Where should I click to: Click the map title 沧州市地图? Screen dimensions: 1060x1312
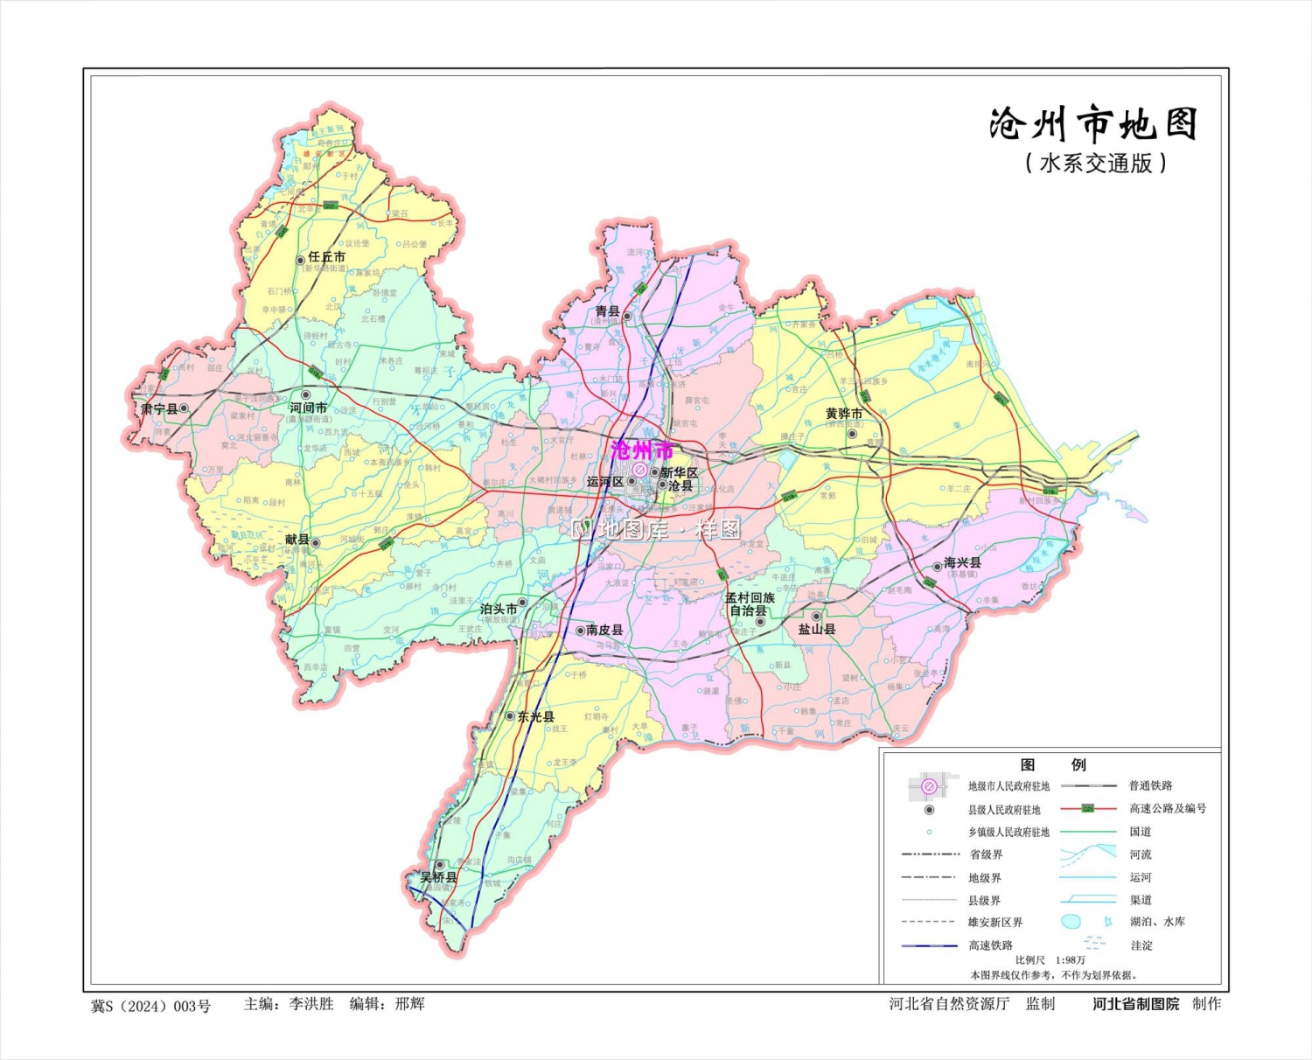pyautogui.click(x=1092, y=125)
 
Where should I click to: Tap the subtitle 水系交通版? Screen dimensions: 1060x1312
pyautogui.click(x=1096, y=163)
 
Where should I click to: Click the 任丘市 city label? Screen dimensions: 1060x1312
pyautogui.click(x=326, y=257)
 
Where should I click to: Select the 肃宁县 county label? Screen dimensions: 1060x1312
pyautogui.click(x=159, y=408)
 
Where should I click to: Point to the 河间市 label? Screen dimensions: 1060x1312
pyautogui.click(x=308, y=408)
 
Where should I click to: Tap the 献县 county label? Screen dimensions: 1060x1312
pyautogui.click(x=297, y=540)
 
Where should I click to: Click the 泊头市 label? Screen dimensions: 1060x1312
pyautogui.click(x=498, y=609)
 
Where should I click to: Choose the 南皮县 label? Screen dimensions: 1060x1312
pyautogui.click(x=604, y=630)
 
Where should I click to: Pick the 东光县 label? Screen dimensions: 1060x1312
pyautogui.click(x=535, y=716)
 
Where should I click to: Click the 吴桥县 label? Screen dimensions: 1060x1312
pyautogui.click(x=438, y=876)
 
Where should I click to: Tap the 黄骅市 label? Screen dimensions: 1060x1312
pyautogui.click(x=844, y=414)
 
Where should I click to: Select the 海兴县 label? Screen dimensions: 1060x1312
pyautogui.click(x=962, y=562)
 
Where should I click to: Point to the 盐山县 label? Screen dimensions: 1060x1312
pyautogui.click(x=816, y=629)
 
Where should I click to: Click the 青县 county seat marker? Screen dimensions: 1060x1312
pyautogui.click(x=627, y=316)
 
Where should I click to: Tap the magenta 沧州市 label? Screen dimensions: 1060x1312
pyautogui.click(x=643, y=450)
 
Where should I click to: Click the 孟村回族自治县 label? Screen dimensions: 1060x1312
pyautogui.click(x=750, y=604)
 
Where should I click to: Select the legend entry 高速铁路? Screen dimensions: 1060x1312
pyautogui.click(x=990, y=945)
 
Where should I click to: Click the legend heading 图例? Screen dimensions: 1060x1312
pyautogui.click(x=1053, y=764)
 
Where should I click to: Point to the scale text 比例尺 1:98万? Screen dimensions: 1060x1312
pyautogui.click(x=1050, y=960)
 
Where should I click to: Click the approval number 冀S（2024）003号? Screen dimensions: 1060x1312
pyautogui.click(x=151, y=1006)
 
